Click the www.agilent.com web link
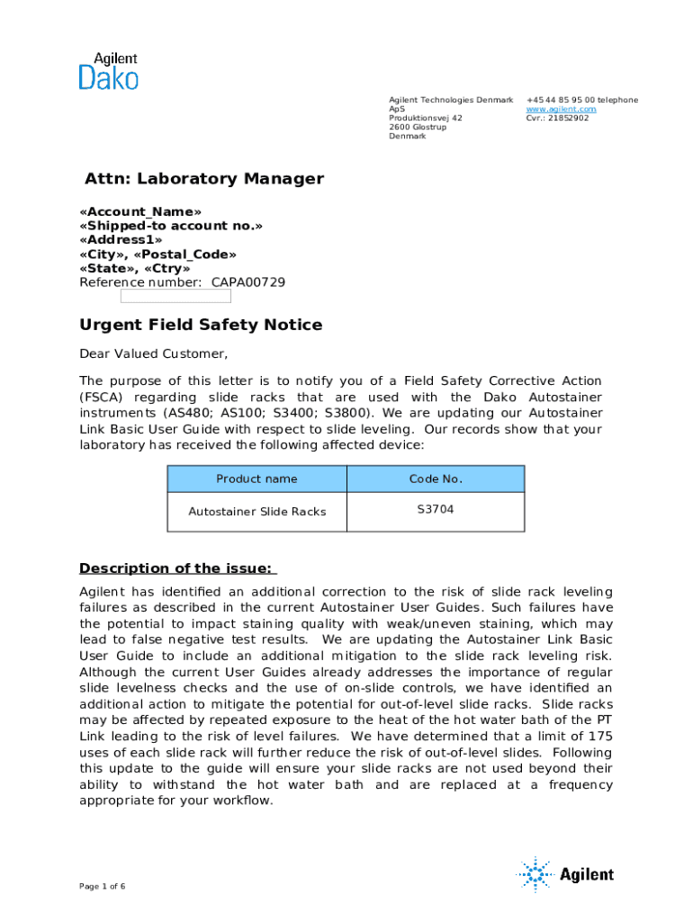pos(561,109)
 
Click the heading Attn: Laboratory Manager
pos(203,178)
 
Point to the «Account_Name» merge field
pos(134,211)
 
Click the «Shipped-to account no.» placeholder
pos(171,226)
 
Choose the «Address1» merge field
pos(121,240)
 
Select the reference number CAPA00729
pos(248,282)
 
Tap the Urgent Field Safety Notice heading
pos(201,325)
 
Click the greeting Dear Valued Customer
pos(154,353)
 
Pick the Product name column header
pos(256,479)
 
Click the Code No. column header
pos(436,479)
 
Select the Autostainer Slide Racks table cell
pos(256,512)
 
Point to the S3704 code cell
pos(436,509)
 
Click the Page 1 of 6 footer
pos(102,887)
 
